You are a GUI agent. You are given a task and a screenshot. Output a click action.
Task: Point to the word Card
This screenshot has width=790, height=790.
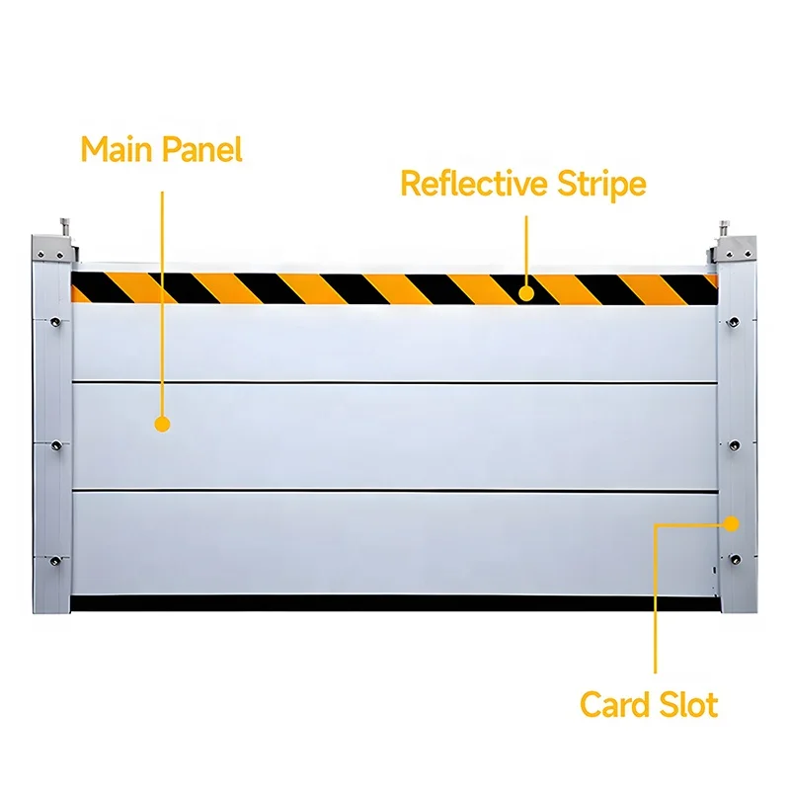point(615,705)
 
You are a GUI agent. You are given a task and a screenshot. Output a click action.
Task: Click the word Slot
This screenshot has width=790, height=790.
point(688,705)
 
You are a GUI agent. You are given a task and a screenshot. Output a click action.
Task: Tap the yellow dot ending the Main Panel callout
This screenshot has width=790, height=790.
point(163,424)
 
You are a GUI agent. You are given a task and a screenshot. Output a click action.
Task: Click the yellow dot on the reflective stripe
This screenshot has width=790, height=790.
point(526,292)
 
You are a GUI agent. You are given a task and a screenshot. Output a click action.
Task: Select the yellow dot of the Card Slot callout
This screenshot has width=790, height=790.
point(732,522)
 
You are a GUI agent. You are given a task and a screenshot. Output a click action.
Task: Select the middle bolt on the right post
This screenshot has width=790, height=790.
point(734,445)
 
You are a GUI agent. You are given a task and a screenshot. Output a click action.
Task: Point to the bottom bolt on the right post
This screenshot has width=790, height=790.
point(734,560)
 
